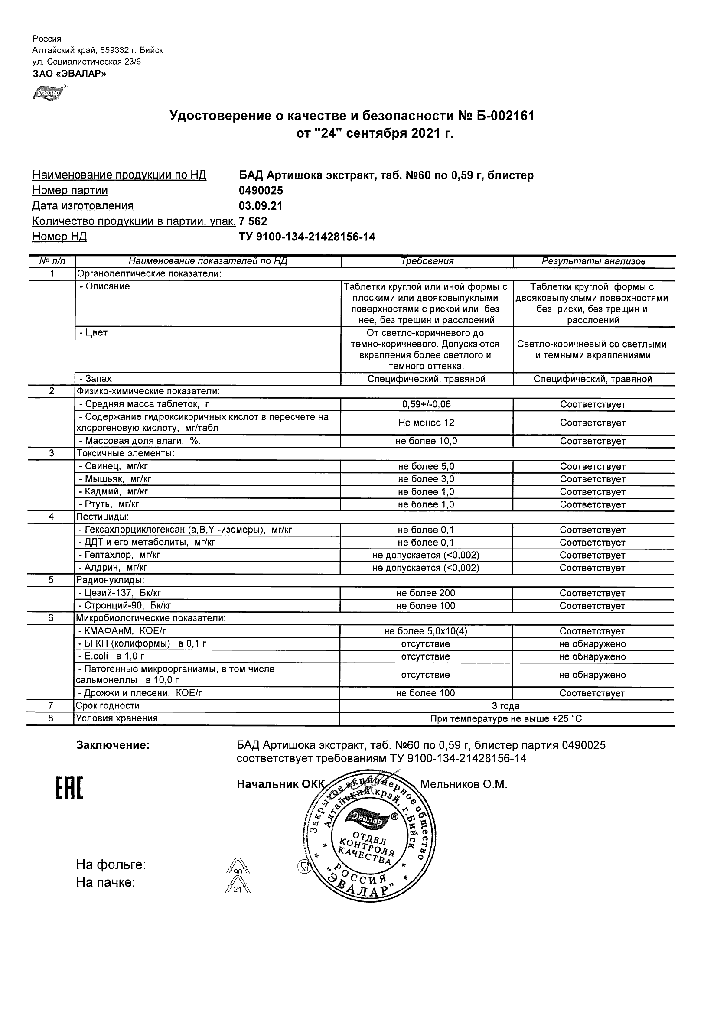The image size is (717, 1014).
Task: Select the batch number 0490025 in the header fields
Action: coord(261,190)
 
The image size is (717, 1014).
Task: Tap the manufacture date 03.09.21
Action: coord(261,206)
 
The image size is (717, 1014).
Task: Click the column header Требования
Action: coord(427,261)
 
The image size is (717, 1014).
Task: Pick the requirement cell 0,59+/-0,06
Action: coord(426,405)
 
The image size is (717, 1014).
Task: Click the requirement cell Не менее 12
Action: coord(426,423)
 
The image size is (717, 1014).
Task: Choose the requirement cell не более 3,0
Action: coord(426,479)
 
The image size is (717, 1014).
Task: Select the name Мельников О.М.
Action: coord(463,784)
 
